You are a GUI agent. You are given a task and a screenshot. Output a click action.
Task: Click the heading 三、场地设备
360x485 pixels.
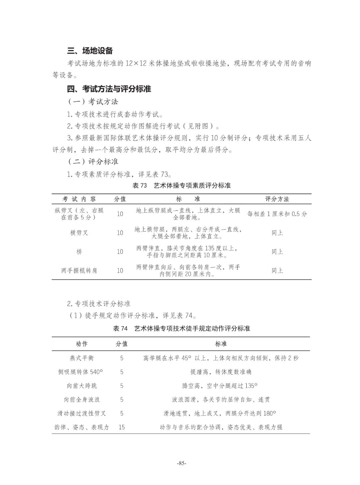pos(90,51)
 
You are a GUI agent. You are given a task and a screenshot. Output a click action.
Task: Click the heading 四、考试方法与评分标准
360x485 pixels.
pos(109,89)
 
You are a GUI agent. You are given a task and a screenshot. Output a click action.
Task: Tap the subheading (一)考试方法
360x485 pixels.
pos(93,101)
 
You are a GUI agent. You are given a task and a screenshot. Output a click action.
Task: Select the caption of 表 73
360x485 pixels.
pos(181,185)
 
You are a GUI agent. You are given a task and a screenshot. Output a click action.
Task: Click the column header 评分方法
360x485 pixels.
pos(277,199)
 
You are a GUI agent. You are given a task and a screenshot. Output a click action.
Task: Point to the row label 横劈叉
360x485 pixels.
pos(79,233)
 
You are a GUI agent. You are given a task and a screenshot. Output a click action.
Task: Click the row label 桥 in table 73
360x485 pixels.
pos(79,252)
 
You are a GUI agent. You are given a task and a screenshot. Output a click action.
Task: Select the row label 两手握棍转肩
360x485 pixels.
pos(79,271)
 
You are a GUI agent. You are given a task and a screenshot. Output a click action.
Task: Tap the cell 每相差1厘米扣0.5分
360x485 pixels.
pos(277,214)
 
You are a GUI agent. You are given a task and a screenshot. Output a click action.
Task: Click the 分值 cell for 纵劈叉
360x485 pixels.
pos(120,214)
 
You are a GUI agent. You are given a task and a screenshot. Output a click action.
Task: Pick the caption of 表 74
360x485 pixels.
pos(181,328)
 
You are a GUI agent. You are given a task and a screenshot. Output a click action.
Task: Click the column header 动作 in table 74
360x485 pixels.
pos(82,344)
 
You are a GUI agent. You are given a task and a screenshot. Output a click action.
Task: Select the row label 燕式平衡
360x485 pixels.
pos(82,358)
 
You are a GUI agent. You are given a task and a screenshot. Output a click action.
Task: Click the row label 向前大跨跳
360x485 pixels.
pos(82,386)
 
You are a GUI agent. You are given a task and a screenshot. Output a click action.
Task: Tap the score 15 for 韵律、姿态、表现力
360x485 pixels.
pos(122,427)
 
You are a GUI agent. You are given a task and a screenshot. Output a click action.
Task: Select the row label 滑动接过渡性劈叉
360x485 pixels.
pos(82,413)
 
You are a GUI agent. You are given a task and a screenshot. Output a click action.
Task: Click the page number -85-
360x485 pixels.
pos(182,463)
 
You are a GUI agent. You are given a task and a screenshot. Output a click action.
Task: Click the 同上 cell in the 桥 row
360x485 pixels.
pos(277,252)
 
